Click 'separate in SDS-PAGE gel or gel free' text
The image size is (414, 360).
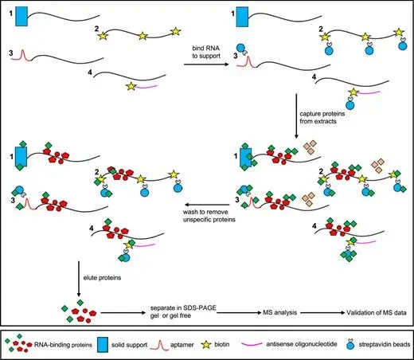[x=182, y=316]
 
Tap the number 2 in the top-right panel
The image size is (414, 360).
[x=321, y=29]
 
